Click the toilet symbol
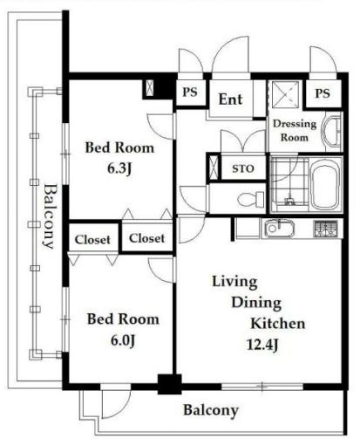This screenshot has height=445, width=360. [x=251, y=200]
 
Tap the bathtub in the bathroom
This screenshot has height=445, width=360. [x=325, y=184]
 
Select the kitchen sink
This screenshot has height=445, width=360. [x=278, y=229]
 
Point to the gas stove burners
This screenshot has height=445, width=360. [x=325, y=229]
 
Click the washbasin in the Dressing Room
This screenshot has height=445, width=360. [x=332, y=132]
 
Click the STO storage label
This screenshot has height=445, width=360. [x=243, y=168]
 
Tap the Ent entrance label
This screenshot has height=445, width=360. [x=230, y=99]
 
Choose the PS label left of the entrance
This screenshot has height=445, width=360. [x=190, y=92]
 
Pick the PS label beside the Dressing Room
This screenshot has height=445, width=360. [x=323, y=93]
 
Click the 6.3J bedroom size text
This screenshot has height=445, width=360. [x=119, y=168]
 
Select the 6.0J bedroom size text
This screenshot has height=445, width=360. [x=123, y=340]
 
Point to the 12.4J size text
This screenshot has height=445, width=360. [x=262, y=345]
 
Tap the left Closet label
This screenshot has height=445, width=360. [x=92, y=240]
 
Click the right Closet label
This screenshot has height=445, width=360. [x=146, y=238]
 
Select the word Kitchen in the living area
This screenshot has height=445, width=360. [x=278, y=324]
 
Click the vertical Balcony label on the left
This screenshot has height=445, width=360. [x=50, y=216]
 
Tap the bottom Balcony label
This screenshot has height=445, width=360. [x=211, y=410]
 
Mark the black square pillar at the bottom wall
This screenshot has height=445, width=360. [x=170, y=384]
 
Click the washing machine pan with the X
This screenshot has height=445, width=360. [x=286, y=94]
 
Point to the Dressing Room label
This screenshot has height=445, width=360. [x=295, y=130]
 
